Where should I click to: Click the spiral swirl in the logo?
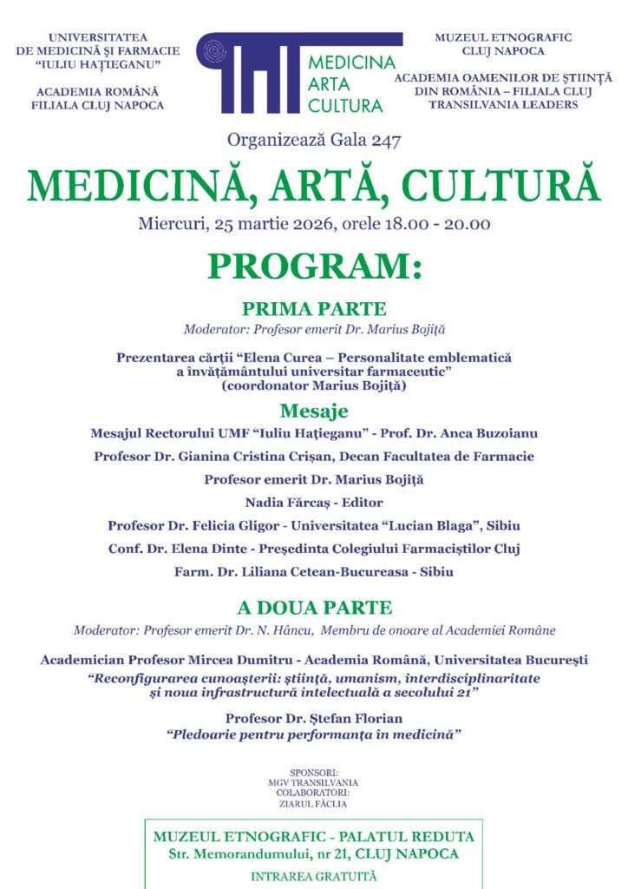tap(211, 53)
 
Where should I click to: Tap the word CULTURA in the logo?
tap(345, 106)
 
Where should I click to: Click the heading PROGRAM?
tap(314, 266)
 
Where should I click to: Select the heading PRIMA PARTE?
tap(314, 309)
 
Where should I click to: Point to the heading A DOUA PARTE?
tap(314, 608)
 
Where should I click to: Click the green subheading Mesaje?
tap(314, 411)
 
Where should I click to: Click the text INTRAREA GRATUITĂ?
tap(314, 876)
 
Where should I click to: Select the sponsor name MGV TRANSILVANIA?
tap(313, 781)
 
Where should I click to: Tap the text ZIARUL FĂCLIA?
tap(313, 803)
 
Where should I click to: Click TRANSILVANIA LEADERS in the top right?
tap(503, 105)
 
